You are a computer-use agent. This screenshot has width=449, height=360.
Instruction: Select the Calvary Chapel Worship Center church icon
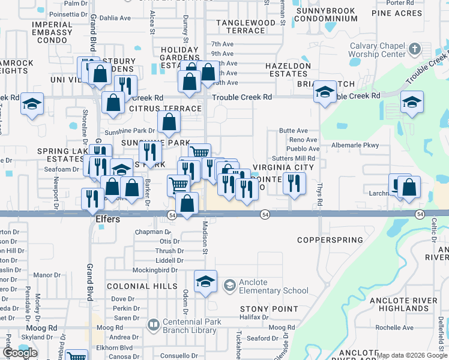[415, 47]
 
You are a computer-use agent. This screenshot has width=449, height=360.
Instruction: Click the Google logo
[20, 353]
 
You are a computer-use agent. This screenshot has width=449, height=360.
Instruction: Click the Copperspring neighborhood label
[330, 240]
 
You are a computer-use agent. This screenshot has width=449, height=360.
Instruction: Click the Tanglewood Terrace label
[245, 26]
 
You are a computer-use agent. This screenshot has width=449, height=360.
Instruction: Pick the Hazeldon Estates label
[289, 70]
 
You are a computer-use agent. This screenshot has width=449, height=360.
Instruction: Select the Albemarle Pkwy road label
[355, 145]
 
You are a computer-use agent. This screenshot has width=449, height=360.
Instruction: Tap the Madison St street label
[205, 238]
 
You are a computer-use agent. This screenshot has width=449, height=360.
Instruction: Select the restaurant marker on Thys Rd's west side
[294, 182]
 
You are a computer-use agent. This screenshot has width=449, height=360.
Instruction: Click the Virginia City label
[283, 167]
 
